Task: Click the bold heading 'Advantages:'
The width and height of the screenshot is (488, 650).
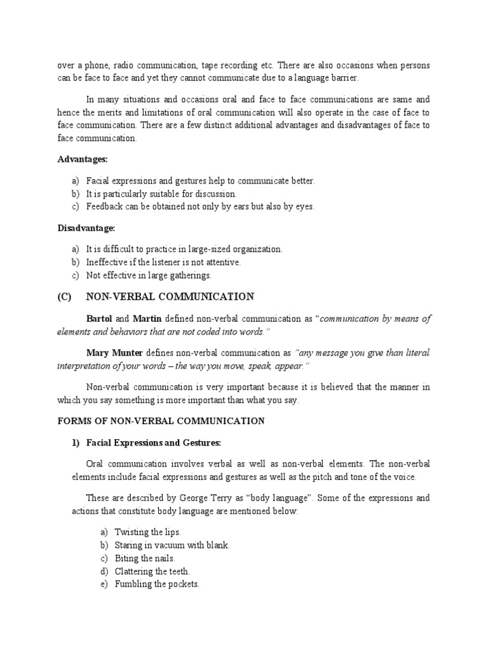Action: (83, 159)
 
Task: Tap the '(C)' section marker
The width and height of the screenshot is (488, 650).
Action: (66, 297)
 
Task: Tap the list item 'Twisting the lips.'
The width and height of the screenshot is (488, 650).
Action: (148, 532)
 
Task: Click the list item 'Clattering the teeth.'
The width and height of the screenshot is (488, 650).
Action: (152, 571)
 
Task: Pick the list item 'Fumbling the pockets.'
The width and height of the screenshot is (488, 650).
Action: (157, 584)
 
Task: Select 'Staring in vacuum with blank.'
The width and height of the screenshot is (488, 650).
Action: (172, 545)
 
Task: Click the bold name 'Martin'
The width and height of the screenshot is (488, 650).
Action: (148, 319)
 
